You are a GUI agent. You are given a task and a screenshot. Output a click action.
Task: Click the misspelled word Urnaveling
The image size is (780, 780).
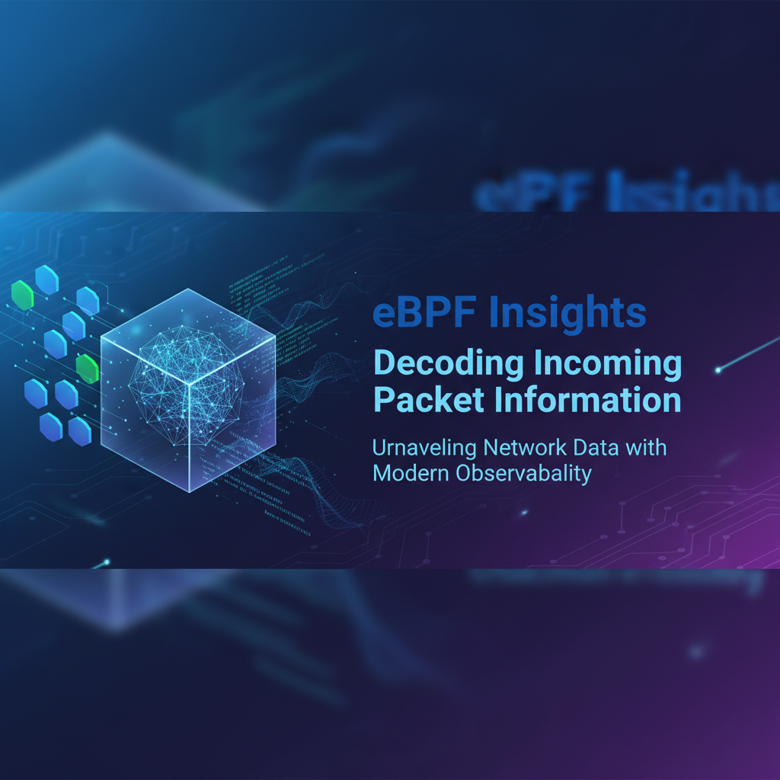pyautogui.click(x=423, y=448)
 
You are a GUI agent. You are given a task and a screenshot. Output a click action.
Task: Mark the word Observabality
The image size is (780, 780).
pyautogui.click(x=525, y=473)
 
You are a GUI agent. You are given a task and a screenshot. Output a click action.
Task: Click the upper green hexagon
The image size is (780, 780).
pyautogui.click(x=23, y=296)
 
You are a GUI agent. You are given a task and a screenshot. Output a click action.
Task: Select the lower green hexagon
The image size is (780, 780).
pyautogui.click(x=88, y=368)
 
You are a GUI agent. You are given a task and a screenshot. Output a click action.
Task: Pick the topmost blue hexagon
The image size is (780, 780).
pyautogui.click(x=47, y=280)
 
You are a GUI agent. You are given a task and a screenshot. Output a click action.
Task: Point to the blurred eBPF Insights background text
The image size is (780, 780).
pyautogui.click(x=617, y=195)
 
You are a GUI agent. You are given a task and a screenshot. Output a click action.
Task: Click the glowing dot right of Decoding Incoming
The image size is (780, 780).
pyautogui.click(x=718, y=370)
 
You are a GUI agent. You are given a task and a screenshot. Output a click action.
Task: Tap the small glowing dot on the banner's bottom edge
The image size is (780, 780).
pyautogui.click(x=107, y=563)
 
